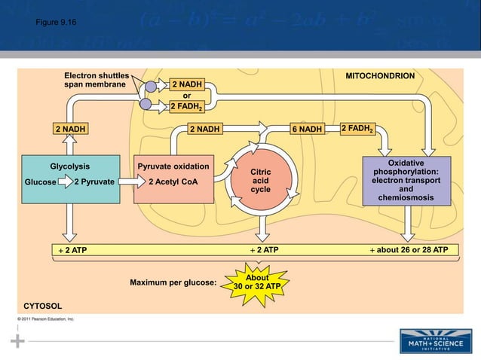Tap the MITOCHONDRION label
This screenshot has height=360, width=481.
click(x=379, y=77)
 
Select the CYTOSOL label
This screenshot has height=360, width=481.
click(x=43, y=306)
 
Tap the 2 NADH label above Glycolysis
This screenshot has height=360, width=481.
click(x=69, y=129)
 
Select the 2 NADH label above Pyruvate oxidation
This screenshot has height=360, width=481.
click(x=204, y=129)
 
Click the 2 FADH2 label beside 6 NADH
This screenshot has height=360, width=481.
click(x=357, y=129)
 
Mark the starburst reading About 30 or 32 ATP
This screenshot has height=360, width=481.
click(x=257, y=282)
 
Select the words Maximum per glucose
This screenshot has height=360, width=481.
click(x=173, y=283)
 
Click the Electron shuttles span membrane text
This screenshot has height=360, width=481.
click(x=97, y=81)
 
